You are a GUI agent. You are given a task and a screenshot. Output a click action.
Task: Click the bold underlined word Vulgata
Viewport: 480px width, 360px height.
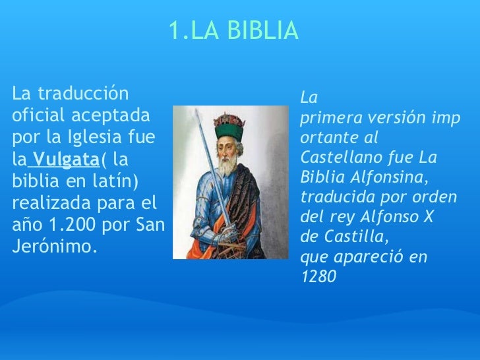pos(66,159)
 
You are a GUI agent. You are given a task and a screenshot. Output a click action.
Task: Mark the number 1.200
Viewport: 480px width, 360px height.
pos(71,224)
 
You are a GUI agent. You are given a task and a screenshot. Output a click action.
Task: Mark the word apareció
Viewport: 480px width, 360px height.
pos(370,256)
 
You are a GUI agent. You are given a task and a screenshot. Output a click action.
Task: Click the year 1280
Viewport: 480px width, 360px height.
pos(318,277)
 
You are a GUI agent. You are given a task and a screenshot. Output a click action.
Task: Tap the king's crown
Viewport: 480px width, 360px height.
pos(229,123)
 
